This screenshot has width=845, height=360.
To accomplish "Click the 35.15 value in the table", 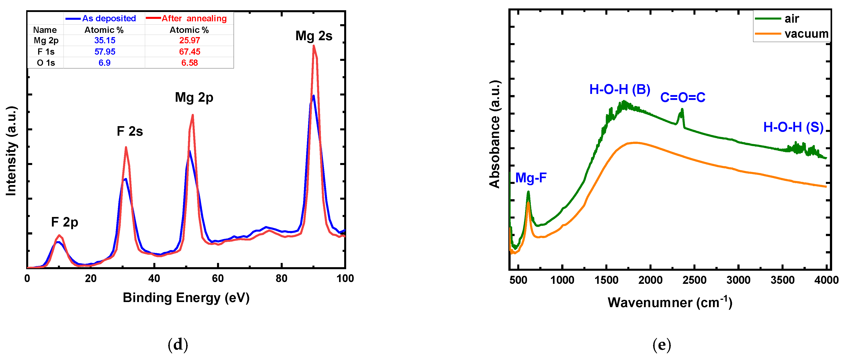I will tap(105, 40).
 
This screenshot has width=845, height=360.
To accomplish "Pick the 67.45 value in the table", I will tap(190, 52).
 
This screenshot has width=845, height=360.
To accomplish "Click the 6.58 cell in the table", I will tap(190, 63).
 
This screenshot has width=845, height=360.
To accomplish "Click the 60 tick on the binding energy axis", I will tap(218, 279).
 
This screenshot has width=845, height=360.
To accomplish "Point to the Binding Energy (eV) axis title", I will tap(186, 298).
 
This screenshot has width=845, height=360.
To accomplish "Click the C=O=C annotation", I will tap(683, 97).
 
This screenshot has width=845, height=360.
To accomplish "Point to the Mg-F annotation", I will tap(531, 178).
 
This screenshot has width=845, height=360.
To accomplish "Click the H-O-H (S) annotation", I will tap(793, 127).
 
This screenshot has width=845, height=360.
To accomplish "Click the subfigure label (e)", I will tap(662, 345).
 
